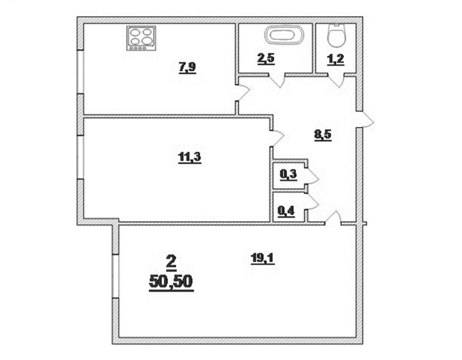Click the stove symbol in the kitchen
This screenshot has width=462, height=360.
(x=141, y=38)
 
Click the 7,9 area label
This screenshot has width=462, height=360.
(x=187, y=68)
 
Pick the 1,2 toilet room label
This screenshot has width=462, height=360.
(x=335, y=60)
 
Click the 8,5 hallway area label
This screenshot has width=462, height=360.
(x=323, y=135)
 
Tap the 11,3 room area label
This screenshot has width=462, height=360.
(x=189, y=158)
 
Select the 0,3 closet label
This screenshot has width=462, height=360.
(x=288, y=175)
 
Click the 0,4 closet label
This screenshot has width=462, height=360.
(x=286, y=212)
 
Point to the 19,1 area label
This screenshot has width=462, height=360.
(x=263, y=259)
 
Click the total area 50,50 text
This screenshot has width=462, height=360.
(x=171, y=282)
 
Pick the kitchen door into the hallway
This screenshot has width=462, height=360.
(x=242, y=93)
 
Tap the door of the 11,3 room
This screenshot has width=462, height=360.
(x=277, y=138)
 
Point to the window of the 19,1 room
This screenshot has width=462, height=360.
(x=115, y=276)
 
